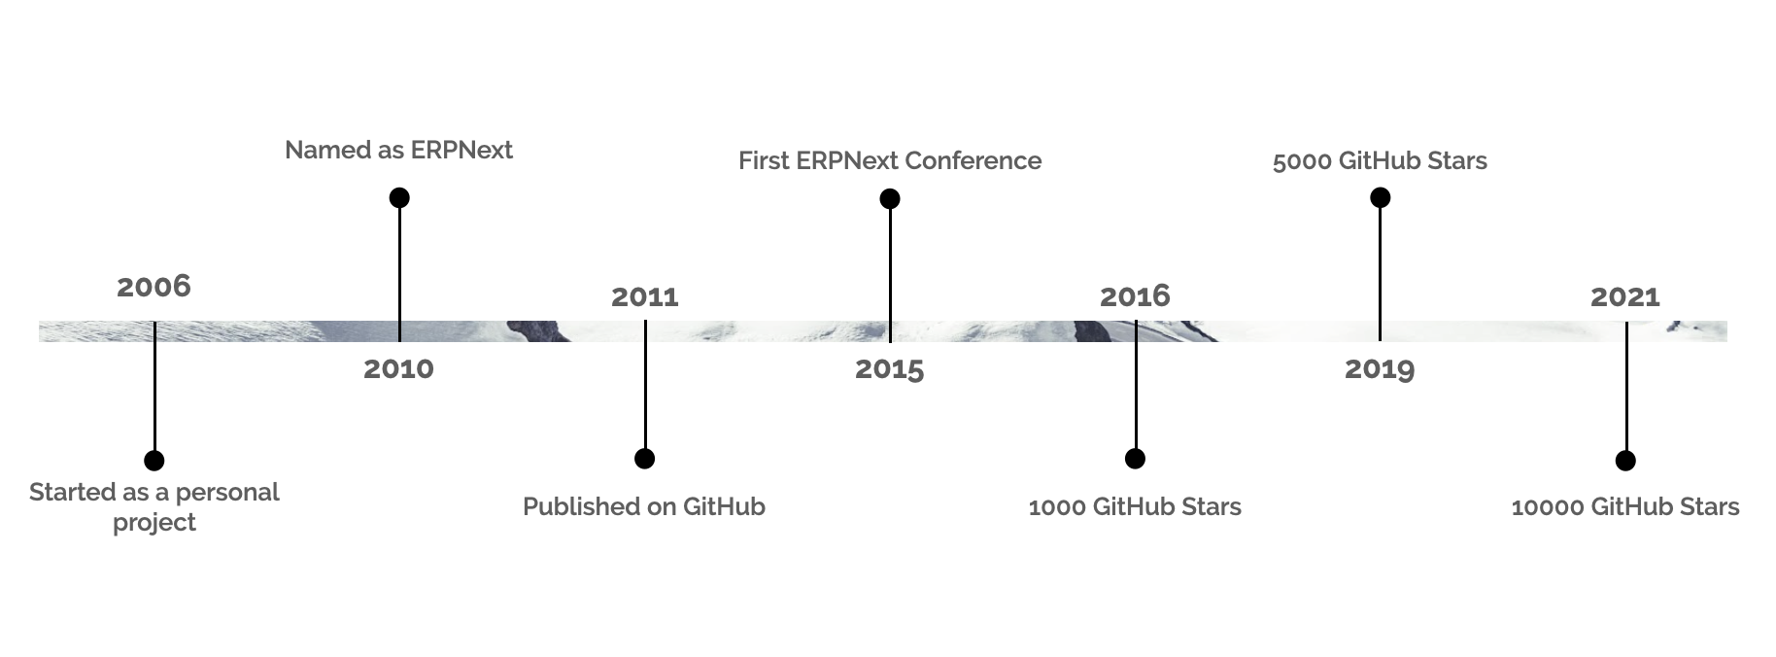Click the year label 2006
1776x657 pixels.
154,287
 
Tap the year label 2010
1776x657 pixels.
398,369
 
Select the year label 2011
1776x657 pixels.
645,296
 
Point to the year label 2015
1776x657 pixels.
890,369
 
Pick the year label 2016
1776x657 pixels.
1135,296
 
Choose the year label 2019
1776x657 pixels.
1380,369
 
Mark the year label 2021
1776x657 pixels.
1625,296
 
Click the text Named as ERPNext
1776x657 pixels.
398,151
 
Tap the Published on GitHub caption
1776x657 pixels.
644,506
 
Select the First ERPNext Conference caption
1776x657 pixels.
890,160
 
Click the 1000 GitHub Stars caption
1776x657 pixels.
1135,506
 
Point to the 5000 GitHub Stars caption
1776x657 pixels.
1380,160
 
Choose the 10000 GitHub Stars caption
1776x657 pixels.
1625,506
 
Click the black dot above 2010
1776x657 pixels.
399,197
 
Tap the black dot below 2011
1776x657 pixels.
644,458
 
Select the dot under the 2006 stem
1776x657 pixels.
154,461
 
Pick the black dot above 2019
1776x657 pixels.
1380,197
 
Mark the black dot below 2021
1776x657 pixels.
1625,461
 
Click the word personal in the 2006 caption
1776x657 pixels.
227,493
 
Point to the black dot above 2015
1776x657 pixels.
890,198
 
